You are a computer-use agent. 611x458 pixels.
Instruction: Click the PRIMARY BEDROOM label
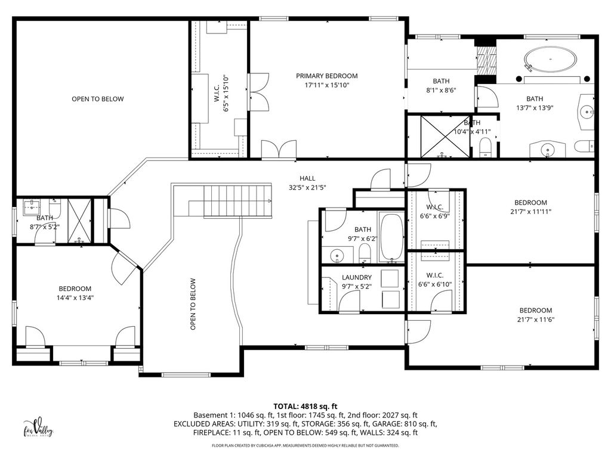326,76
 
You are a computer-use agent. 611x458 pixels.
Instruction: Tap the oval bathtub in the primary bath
550,60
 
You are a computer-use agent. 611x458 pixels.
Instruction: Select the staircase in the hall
237,201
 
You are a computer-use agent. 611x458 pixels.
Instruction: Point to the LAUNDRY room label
357,277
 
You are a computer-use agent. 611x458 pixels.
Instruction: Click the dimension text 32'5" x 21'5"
307,187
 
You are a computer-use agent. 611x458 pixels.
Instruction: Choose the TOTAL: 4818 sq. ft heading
305,407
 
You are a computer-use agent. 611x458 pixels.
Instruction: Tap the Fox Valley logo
38,428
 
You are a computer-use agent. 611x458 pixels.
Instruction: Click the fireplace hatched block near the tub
486,61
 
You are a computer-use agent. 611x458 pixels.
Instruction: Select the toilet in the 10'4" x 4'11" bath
485,148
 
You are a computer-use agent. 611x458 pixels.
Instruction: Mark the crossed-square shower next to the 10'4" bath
445,137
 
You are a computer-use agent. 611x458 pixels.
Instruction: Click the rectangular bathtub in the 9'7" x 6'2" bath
391,237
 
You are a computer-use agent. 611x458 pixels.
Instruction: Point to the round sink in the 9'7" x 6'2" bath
337,256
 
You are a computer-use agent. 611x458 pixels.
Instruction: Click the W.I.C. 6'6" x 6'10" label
435,280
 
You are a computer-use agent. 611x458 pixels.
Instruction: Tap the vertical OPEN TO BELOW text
193,304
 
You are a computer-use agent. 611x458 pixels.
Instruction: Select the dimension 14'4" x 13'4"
75,298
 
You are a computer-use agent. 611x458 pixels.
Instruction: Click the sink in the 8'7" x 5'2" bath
30,207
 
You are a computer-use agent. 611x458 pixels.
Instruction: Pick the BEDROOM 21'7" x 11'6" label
535,315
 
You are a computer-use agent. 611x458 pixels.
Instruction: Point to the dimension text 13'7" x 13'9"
535,108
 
